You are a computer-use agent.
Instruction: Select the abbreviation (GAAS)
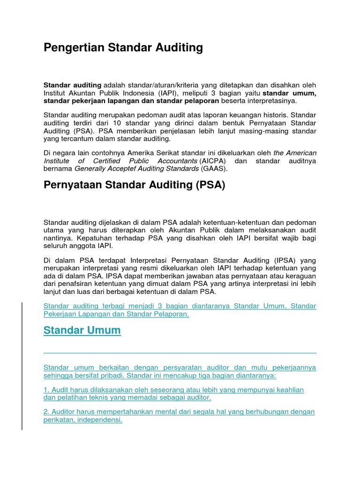tap(214, 169)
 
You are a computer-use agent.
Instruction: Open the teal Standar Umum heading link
tap(82, 330)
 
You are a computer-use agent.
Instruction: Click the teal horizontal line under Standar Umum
tap(180, 353)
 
